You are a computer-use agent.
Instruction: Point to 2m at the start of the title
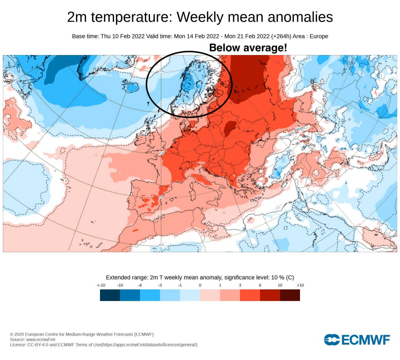[x=77, y=17]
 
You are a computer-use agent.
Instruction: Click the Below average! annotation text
[x=248, y=48]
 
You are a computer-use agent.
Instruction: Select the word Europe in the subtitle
[x=319, y=36]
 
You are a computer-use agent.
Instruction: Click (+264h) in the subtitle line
[x=281, y=36]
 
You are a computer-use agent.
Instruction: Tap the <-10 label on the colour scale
[x=101, y=285]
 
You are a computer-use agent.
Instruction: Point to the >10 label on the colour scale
[x=300, y=285]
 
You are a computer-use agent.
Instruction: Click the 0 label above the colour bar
[x=200, y=285]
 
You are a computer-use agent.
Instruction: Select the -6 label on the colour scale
[x=140, y=285]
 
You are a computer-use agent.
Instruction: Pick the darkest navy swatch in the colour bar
[x=110, y=295]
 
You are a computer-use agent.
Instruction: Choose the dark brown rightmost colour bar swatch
[x=290, y=295]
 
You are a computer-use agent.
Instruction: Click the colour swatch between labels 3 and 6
[x=250, y=295]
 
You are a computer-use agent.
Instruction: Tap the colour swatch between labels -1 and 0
[x=190, y=295]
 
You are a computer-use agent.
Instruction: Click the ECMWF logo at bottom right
[x=357, y=340]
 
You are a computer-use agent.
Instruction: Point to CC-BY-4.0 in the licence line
[x=37, y=345]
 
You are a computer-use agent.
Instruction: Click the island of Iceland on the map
[x=132, y=87]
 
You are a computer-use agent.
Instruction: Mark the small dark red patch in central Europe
[x=230, y=128]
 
